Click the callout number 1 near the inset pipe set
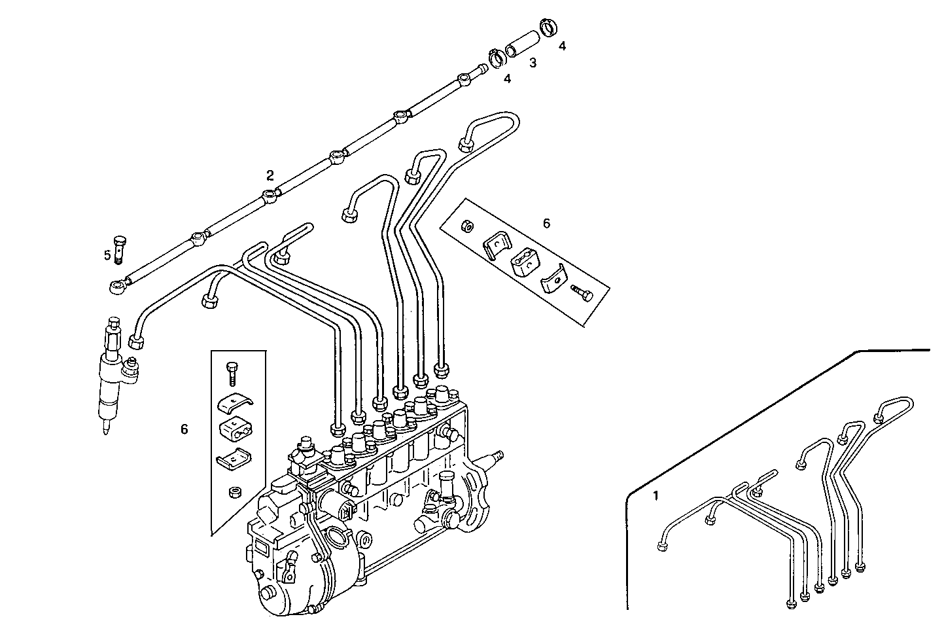pos(656,496)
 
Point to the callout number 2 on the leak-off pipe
pos(270,175)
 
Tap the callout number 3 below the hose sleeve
pos(533,63)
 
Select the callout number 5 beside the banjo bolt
pos(107,255)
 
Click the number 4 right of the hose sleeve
pos(562,46)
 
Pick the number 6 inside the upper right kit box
pos(546,223)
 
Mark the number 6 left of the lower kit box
pos(184,429)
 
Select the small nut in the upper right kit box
pos(467,226)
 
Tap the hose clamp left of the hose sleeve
pos(498,58)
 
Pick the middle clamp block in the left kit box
pos(232,431)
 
